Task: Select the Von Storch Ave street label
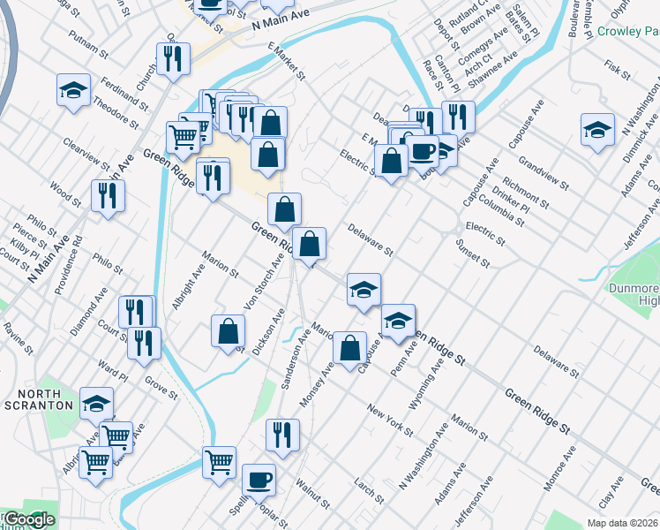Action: click(271, 276)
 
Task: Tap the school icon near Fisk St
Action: click(597, 128)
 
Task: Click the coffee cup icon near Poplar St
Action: click(259, 480)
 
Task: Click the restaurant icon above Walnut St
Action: click(282, 434)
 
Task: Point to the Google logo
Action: click(28, 519)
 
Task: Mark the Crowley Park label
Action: click(627, 32)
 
